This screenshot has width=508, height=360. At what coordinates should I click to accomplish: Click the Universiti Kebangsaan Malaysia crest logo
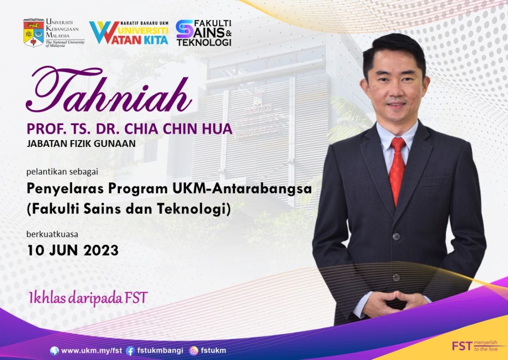pos(33,33)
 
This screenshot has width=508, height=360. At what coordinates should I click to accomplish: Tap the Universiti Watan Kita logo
pos(129,33)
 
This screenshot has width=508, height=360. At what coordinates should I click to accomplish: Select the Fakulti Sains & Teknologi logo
pos(204,33)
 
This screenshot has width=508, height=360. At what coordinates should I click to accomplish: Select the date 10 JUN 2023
pos(72,250)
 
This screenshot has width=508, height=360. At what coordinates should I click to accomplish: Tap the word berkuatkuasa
pos(52,234)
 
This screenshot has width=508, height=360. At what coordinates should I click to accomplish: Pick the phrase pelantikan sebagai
pos(62,172)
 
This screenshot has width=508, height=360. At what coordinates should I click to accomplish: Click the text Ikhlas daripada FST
pos(88,298)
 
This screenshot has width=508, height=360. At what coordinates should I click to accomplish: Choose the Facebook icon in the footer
pos(130,351)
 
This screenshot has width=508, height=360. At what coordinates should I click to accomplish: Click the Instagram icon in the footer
pos(194,351)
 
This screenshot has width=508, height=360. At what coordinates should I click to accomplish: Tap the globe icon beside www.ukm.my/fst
pos(54,351)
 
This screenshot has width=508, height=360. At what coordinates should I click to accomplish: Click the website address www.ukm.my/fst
pos(91,351)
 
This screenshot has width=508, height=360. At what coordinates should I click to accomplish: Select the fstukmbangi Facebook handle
pos(160,351)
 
